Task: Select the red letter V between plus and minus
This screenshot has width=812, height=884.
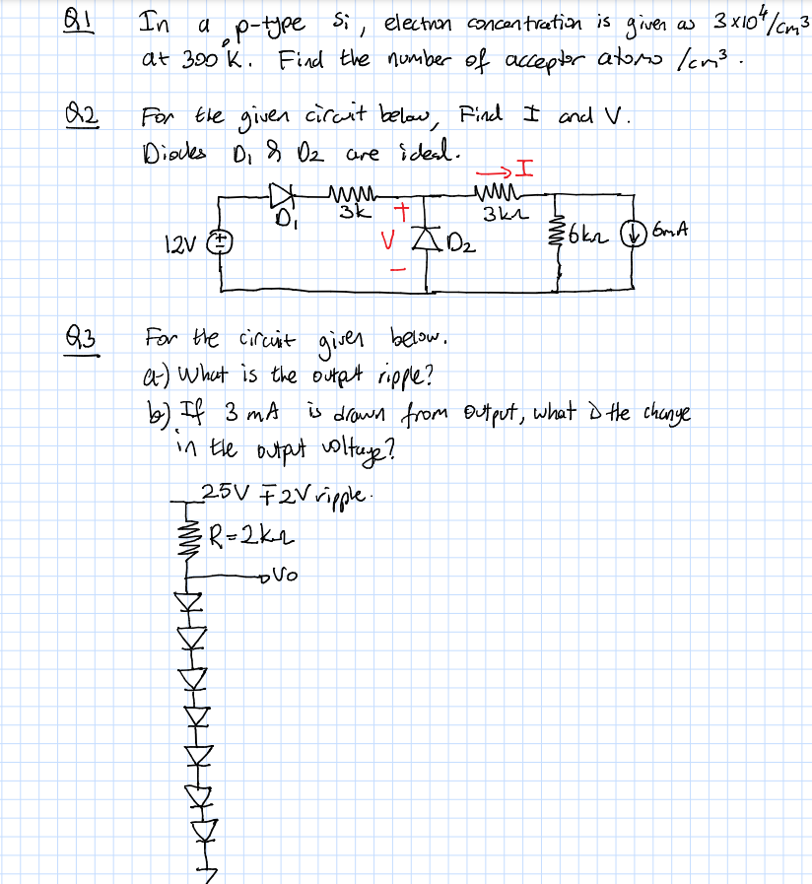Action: click(391, 240)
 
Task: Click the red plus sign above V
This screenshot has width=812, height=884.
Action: click(399, 211)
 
